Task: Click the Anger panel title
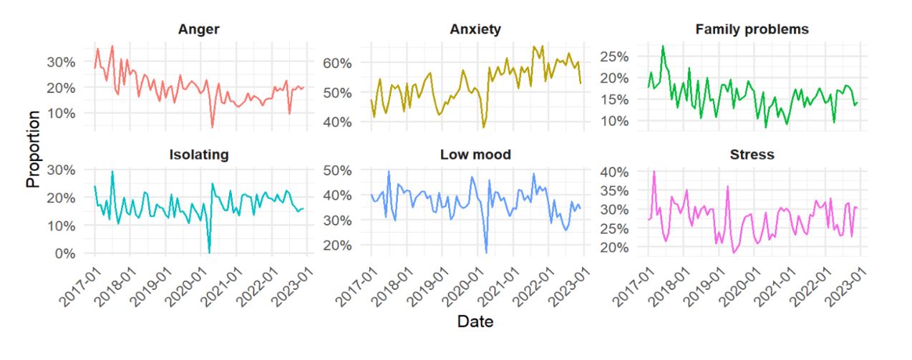pyautogui.click(x=198, y=29)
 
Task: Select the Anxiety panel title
pyautogui.click(x=475, y=29)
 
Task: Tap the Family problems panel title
pyautogui.click(x=752, y=29)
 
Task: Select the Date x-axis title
pyautogui.click(x=475, y=323)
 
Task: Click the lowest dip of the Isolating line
pyautogui.click(x=209, y=252)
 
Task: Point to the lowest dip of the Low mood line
pyautogui.click(x=486, y=253)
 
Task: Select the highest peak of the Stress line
pyautogui.click(x=654, y=172)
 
